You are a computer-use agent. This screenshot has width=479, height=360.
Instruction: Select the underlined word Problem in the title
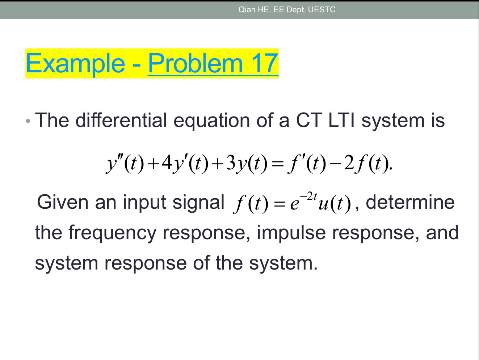[x=195, y=63]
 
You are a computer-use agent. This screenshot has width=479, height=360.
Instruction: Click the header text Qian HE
[x=253, y=10]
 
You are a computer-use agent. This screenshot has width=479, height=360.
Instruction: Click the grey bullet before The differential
[x=28, y=121]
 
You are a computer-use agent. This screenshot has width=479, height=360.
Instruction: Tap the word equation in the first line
[x=212, y=121]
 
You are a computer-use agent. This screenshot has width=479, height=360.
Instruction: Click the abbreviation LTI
[x=341, y=120]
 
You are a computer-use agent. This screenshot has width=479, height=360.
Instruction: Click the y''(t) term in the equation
[x=125, y=164]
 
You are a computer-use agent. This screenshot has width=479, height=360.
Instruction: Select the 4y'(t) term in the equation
[x=185, y=164]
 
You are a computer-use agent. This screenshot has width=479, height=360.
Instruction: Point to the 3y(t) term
[x=247, y=164]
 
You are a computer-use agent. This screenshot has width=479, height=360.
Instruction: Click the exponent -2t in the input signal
[x=308, y=196]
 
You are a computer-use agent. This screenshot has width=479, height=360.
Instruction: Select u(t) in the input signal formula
[x=334, y=204]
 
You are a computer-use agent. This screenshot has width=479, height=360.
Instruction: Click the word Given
[x=62, y=202]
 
